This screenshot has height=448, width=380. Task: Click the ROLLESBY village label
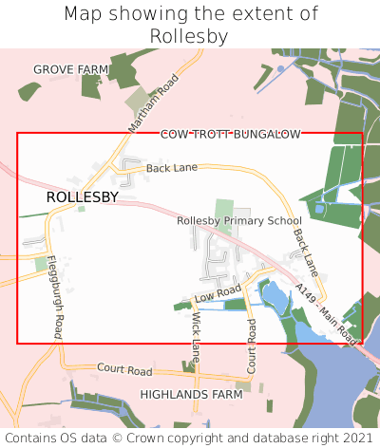pos(83,197)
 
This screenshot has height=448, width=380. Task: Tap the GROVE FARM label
pos(71,69)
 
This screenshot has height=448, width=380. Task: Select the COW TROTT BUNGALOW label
pos(230,135)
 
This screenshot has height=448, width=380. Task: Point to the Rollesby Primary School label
pos(239,220)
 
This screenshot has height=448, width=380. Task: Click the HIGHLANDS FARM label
pos(192,393)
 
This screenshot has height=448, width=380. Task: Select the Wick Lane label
pos(197,336)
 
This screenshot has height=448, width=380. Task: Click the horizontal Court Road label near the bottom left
pos(124,369)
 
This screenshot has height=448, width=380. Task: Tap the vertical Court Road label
pos(252,345)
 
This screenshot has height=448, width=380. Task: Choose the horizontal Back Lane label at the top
pos(172,168)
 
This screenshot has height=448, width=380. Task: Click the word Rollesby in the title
pos(190,35)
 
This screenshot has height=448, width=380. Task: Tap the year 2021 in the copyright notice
pos(357,439)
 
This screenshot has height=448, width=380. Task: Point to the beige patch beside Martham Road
pos(138,101)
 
